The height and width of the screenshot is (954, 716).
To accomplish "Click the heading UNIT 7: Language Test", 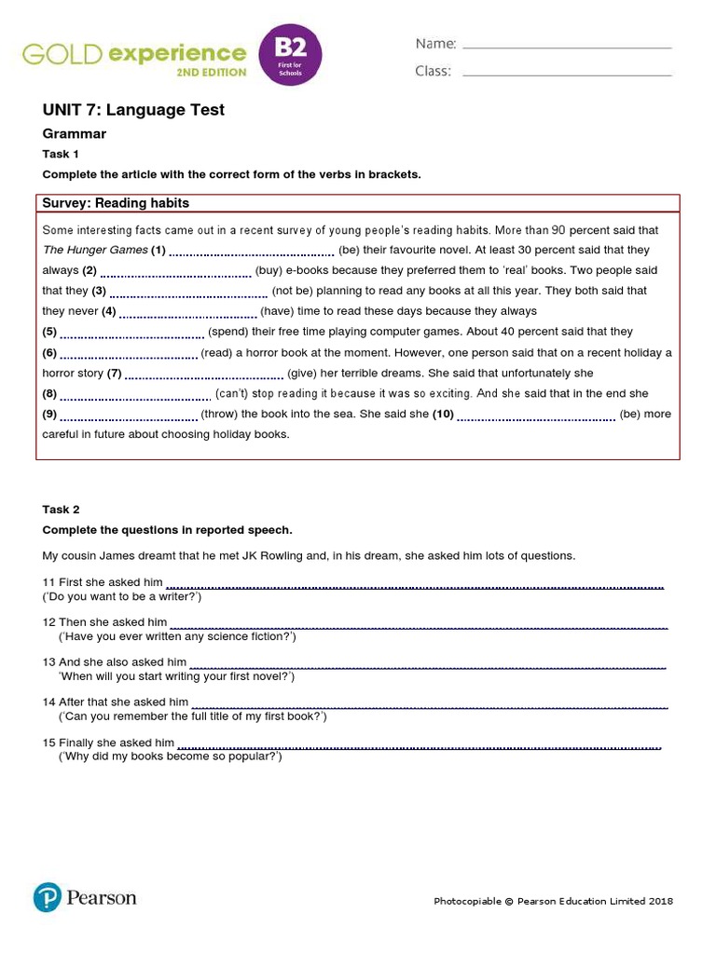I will point(133,110).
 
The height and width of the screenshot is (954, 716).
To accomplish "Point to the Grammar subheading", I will point(75,134).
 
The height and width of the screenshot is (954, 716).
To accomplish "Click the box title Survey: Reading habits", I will point(116,203).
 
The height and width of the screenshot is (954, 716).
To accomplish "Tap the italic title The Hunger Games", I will point(95,250).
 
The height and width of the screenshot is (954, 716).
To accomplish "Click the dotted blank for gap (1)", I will point(252,252).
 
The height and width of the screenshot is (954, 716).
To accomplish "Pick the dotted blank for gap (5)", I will point(132,334).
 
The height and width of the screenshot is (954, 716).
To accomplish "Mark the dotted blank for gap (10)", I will point(536,416).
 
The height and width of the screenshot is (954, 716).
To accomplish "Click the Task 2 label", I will point(61,510).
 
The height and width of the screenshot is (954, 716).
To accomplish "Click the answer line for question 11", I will point(415,585).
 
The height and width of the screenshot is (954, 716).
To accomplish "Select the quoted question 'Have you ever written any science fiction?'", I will point(177,636).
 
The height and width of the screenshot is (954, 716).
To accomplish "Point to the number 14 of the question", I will point(48,702).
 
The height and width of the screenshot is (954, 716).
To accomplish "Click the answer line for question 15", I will point(420,745).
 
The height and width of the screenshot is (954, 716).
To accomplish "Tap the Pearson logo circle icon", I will point(47,898).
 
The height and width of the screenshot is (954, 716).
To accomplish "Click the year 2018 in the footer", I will point(661,901).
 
